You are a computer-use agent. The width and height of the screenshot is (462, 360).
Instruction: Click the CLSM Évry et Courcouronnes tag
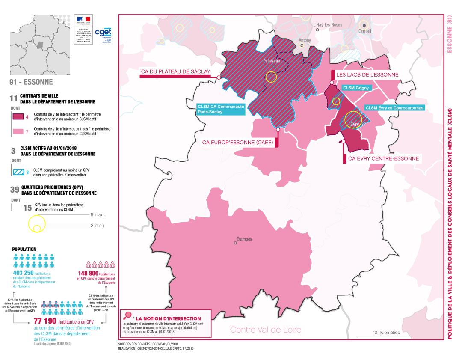[x=394, y=108]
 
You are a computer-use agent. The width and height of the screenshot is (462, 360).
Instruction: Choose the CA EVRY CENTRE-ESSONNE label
[x=383, y=158]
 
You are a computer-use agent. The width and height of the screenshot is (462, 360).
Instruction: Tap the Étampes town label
[x=244, y=239]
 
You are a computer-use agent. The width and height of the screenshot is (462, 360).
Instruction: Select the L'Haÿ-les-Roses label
[x=328, y=25]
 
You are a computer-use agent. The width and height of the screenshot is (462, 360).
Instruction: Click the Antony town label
[x=305, y=40]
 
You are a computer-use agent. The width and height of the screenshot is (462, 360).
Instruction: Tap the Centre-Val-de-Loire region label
[x=266, y=330]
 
